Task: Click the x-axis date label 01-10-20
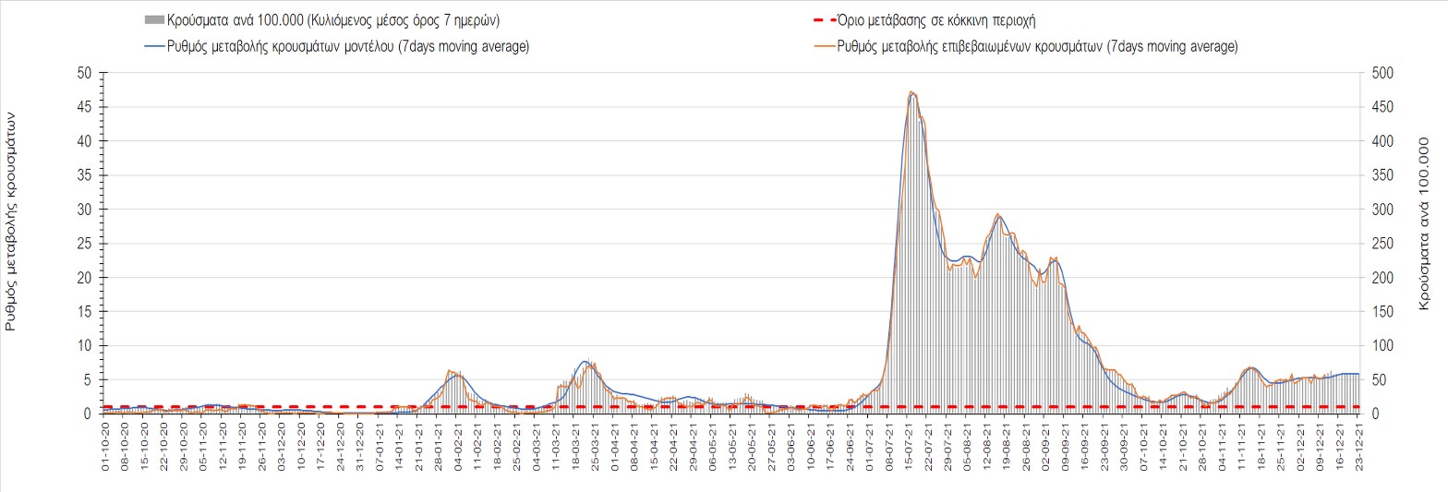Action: pos(105,450)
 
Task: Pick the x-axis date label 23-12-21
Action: pos(1357,450)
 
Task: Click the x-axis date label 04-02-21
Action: pos(458,450)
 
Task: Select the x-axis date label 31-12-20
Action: pos(360,450)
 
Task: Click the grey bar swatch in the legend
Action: pos(153,19)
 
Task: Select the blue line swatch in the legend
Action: pos(153,46)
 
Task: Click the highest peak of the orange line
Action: pos(911,91)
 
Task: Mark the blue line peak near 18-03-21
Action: pos(585,361)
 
